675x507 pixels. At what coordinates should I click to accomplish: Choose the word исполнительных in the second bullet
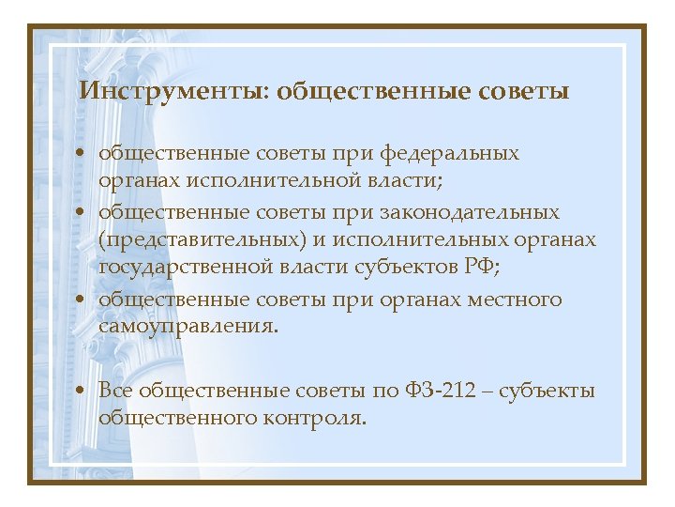tap(412, 239)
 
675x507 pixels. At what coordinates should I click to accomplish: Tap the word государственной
tap(186, 267)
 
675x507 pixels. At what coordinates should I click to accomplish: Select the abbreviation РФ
tap(482, 267)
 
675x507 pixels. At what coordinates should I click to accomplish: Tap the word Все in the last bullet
tap(117, 390)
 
